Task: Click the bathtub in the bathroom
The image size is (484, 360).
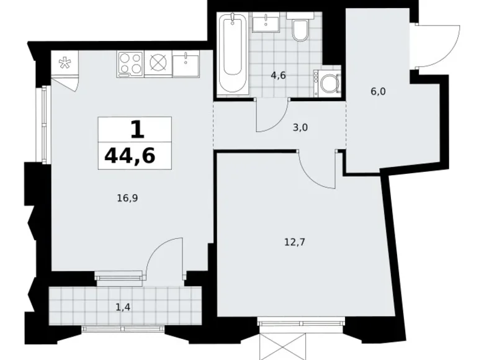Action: pos(233,54)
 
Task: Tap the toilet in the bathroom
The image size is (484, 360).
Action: pos(300,30)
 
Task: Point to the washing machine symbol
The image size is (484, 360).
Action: pos(328,83)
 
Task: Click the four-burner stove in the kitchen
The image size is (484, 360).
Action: pos(130,64)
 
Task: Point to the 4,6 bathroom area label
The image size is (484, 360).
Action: pos(277,76)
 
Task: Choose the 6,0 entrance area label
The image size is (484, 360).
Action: pos(378,90)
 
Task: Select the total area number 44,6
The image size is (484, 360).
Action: pos(130,155)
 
